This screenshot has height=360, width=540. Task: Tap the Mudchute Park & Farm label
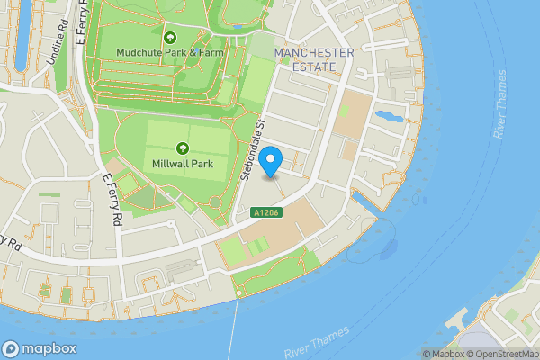click(x=170, y=52)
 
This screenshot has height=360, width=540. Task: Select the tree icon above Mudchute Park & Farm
click(x=171, y=37)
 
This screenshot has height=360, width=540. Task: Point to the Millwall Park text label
click(x=183, y=163)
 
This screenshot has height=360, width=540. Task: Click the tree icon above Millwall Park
click(x=183, y=148)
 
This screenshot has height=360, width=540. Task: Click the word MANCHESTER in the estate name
click(x=315, y=53)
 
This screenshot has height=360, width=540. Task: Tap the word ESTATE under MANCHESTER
click(x=315, y=67)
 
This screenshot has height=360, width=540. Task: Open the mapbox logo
click(x=40, y=349)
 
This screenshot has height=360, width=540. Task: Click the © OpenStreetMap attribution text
click(x=501, y=354)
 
